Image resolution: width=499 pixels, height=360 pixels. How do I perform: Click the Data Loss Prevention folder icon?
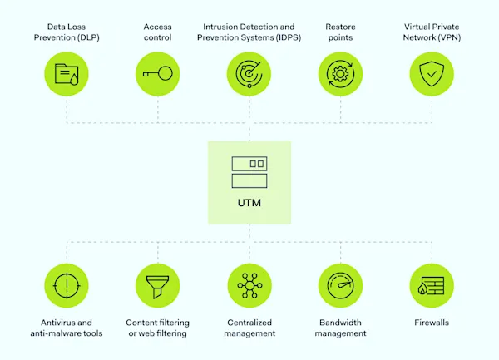coord(67,73)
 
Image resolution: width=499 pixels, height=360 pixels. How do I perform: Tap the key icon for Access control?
coord(157,73)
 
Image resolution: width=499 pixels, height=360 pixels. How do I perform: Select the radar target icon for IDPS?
coord(249,73)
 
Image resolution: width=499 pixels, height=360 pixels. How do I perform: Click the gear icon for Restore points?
coord(341,73)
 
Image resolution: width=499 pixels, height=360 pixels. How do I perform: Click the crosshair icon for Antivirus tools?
coord(67,285)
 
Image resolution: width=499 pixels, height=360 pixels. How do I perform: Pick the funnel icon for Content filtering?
coord(157,285)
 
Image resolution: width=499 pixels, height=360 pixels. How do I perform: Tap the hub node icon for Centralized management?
coord(249,285)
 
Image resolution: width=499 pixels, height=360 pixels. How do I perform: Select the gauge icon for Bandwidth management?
coord(341,285)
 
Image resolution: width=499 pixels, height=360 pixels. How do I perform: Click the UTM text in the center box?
coord(249,201)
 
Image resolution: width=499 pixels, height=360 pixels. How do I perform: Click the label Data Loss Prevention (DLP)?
coord(67,32)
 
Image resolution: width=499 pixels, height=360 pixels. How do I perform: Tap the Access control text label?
coord(157,32)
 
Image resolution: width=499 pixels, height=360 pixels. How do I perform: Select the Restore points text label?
coord(341,32)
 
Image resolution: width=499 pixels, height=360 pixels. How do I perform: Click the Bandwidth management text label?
coord(341,328)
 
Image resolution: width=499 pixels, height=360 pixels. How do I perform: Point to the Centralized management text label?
coord(249,328)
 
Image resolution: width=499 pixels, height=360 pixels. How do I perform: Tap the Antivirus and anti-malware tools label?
coord(67,328)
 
